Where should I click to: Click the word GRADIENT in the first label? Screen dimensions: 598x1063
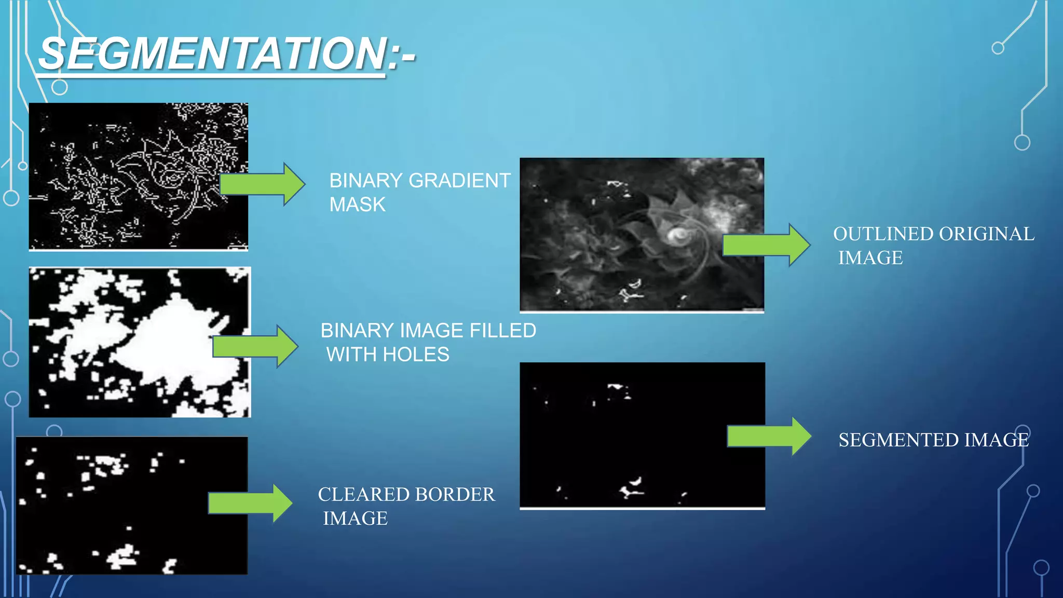[459, 181]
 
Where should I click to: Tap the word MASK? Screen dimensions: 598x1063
[357, 205]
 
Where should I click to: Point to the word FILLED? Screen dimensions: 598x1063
[502, 331]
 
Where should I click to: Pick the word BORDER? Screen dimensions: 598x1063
[455, 494]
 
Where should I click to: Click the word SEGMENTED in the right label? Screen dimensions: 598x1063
[898, 440]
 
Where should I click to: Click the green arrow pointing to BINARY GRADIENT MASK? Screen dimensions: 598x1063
[263, 184]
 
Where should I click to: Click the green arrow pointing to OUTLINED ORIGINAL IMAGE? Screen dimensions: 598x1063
[766, 244]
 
